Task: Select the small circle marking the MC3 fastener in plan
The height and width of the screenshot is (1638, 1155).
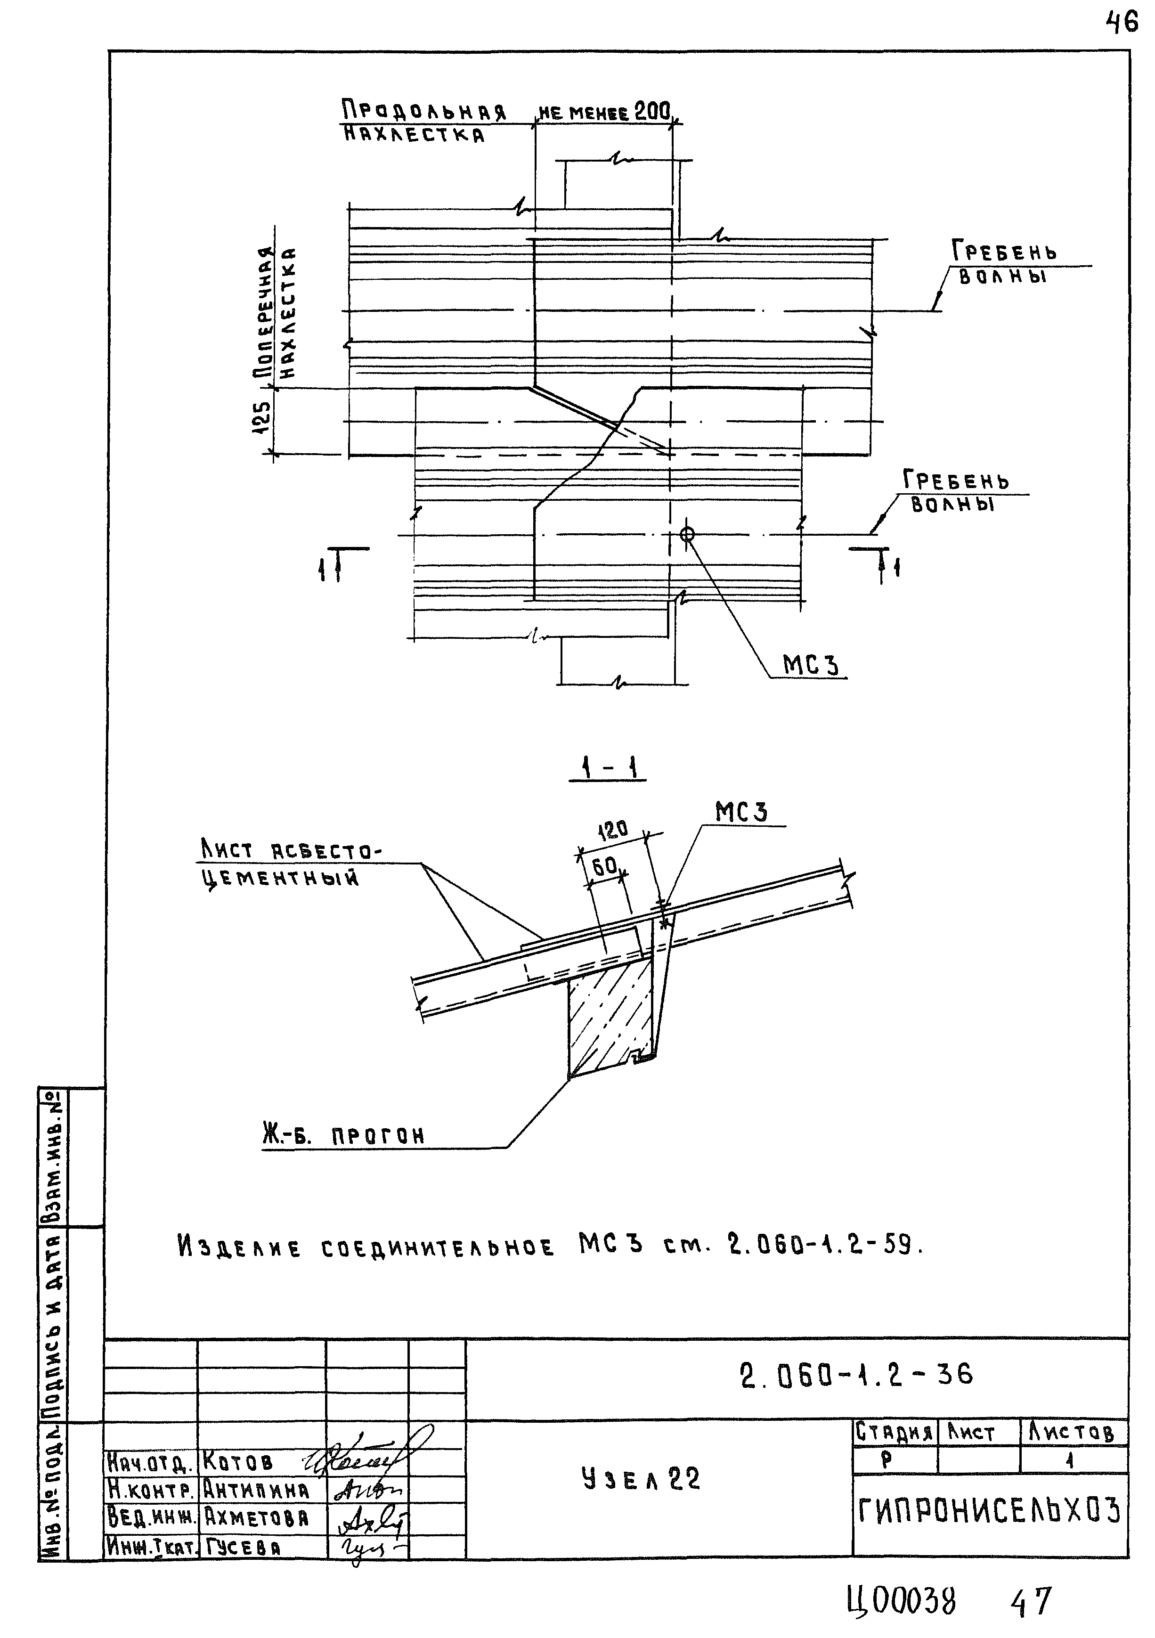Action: tap(687, 534)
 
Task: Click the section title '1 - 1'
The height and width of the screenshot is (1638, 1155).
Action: tap(608, 768)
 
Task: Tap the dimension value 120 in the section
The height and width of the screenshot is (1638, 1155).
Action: tap(612, 830)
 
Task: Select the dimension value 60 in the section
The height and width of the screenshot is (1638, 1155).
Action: tap(605, 867)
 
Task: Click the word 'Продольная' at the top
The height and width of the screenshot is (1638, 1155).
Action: tap(424, 111)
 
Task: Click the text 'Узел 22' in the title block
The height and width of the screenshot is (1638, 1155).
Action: tap(641, 1480)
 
